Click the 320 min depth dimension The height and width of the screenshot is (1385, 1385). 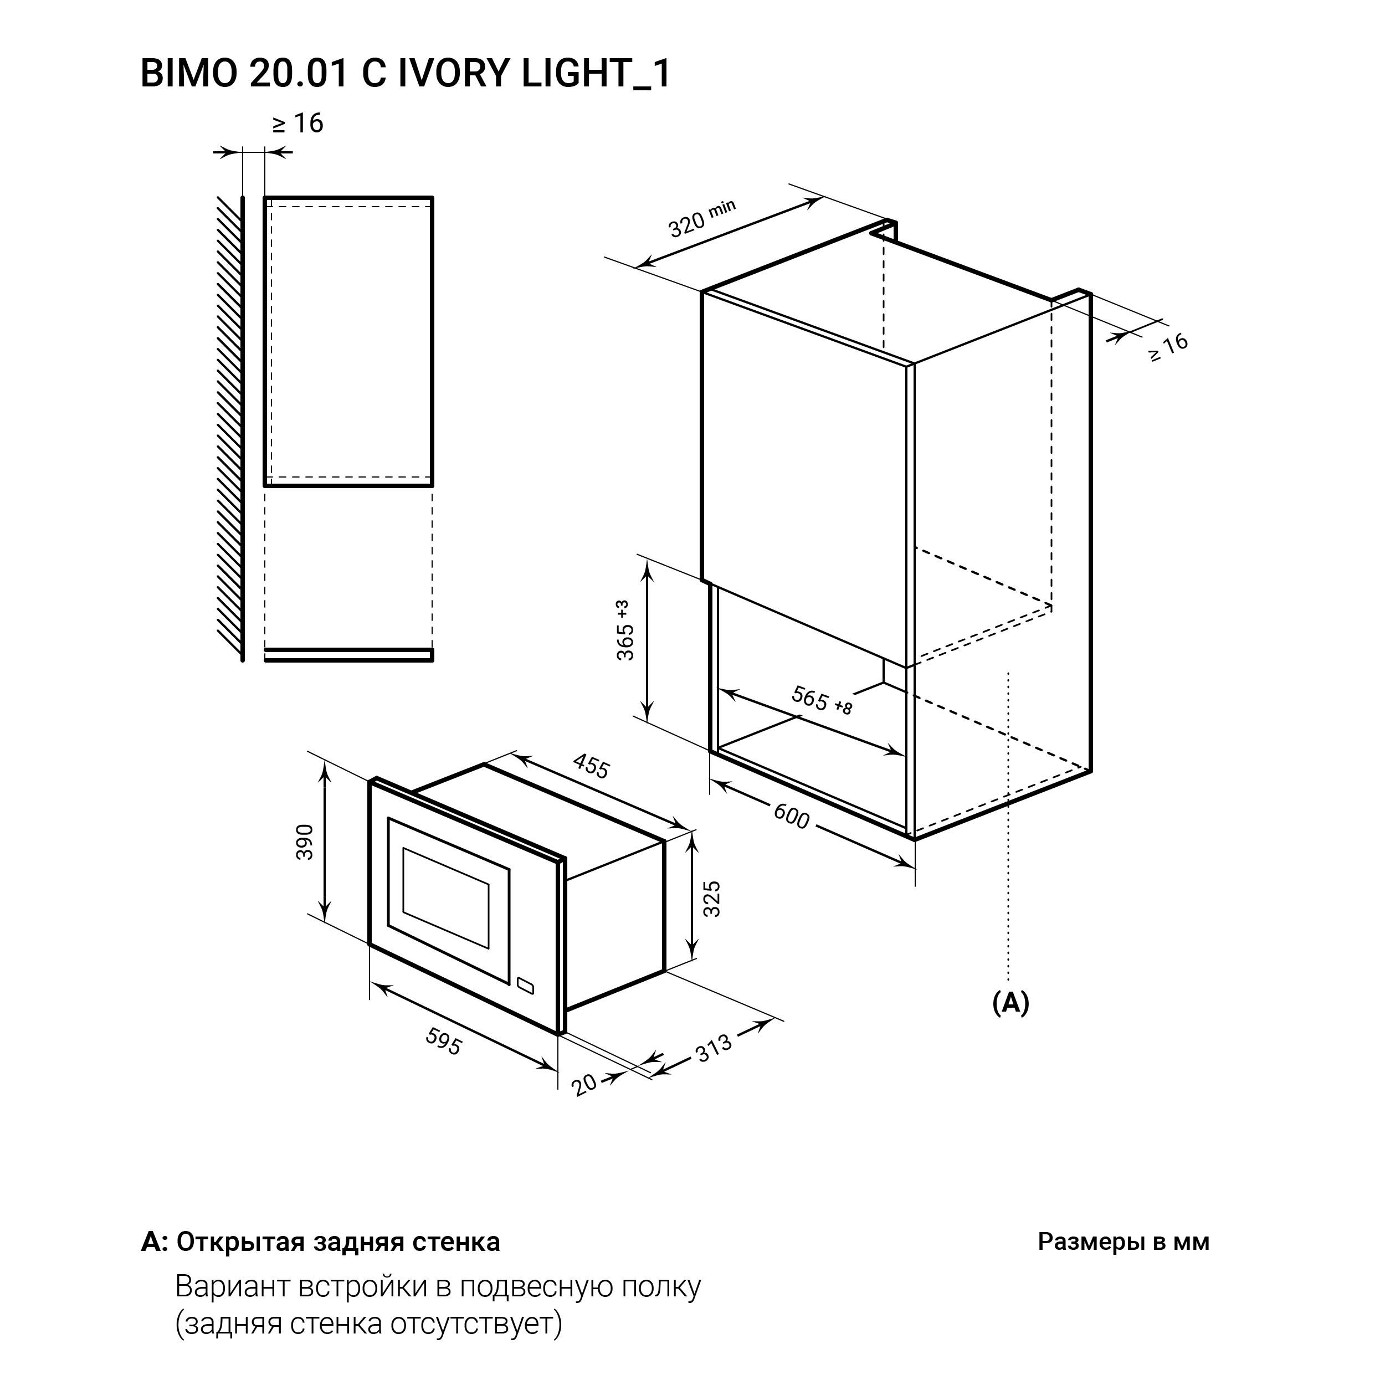[702, 219]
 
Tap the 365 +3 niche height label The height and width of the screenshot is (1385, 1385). [625, 630]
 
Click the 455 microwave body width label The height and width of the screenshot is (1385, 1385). [591, 766]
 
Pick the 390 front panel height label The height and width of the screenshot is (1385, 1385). [305, 842]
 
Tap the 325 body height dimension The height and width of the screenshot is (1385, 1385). [711, 899]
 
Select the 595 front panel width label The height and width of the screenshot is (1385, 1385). [444, 1042]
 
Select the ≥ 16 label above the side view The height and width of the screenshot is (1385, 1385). [297, 124]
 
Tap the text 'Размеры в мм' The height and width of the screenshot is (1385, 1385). [1124, 1242]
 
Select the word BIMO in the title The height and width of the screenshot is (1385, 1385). [188, 73]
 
